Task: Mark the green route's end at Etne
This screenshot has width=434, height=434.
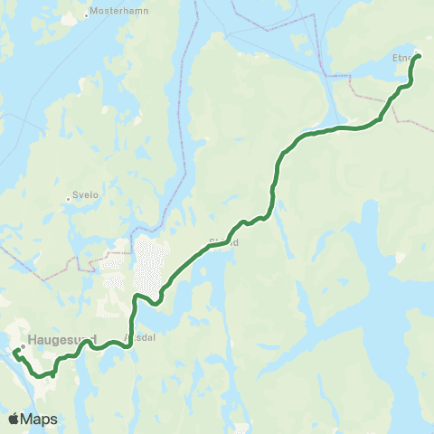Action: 418,57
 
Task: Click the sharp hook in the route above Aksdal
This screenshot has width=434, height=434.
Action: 136,297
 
